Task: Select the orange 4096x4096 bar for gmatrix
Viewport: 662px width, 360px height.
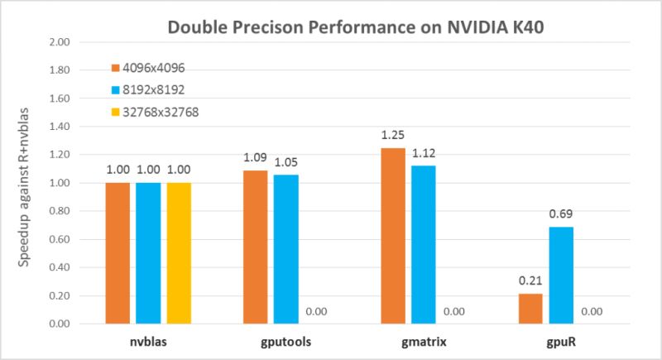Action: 393,236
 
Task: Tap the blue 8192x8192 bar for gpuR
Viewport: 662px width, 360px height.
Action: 560,275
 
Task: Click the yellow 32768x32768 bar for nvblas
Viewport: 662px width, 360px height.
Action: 179,252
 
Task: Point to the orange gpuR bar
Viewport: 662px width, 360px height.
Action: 531,308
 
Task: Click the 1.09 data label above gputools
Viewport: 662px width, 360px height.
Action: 257,157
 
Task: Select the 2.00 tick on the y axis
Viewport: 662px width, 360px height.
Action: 62,41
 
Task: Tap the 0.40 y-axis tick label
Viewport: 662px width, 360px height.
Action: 62,267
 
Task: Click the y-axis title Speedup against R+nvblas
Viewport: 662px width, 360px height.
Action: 26,182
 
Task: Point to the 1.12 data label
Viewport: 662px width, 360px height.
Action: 423,153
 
